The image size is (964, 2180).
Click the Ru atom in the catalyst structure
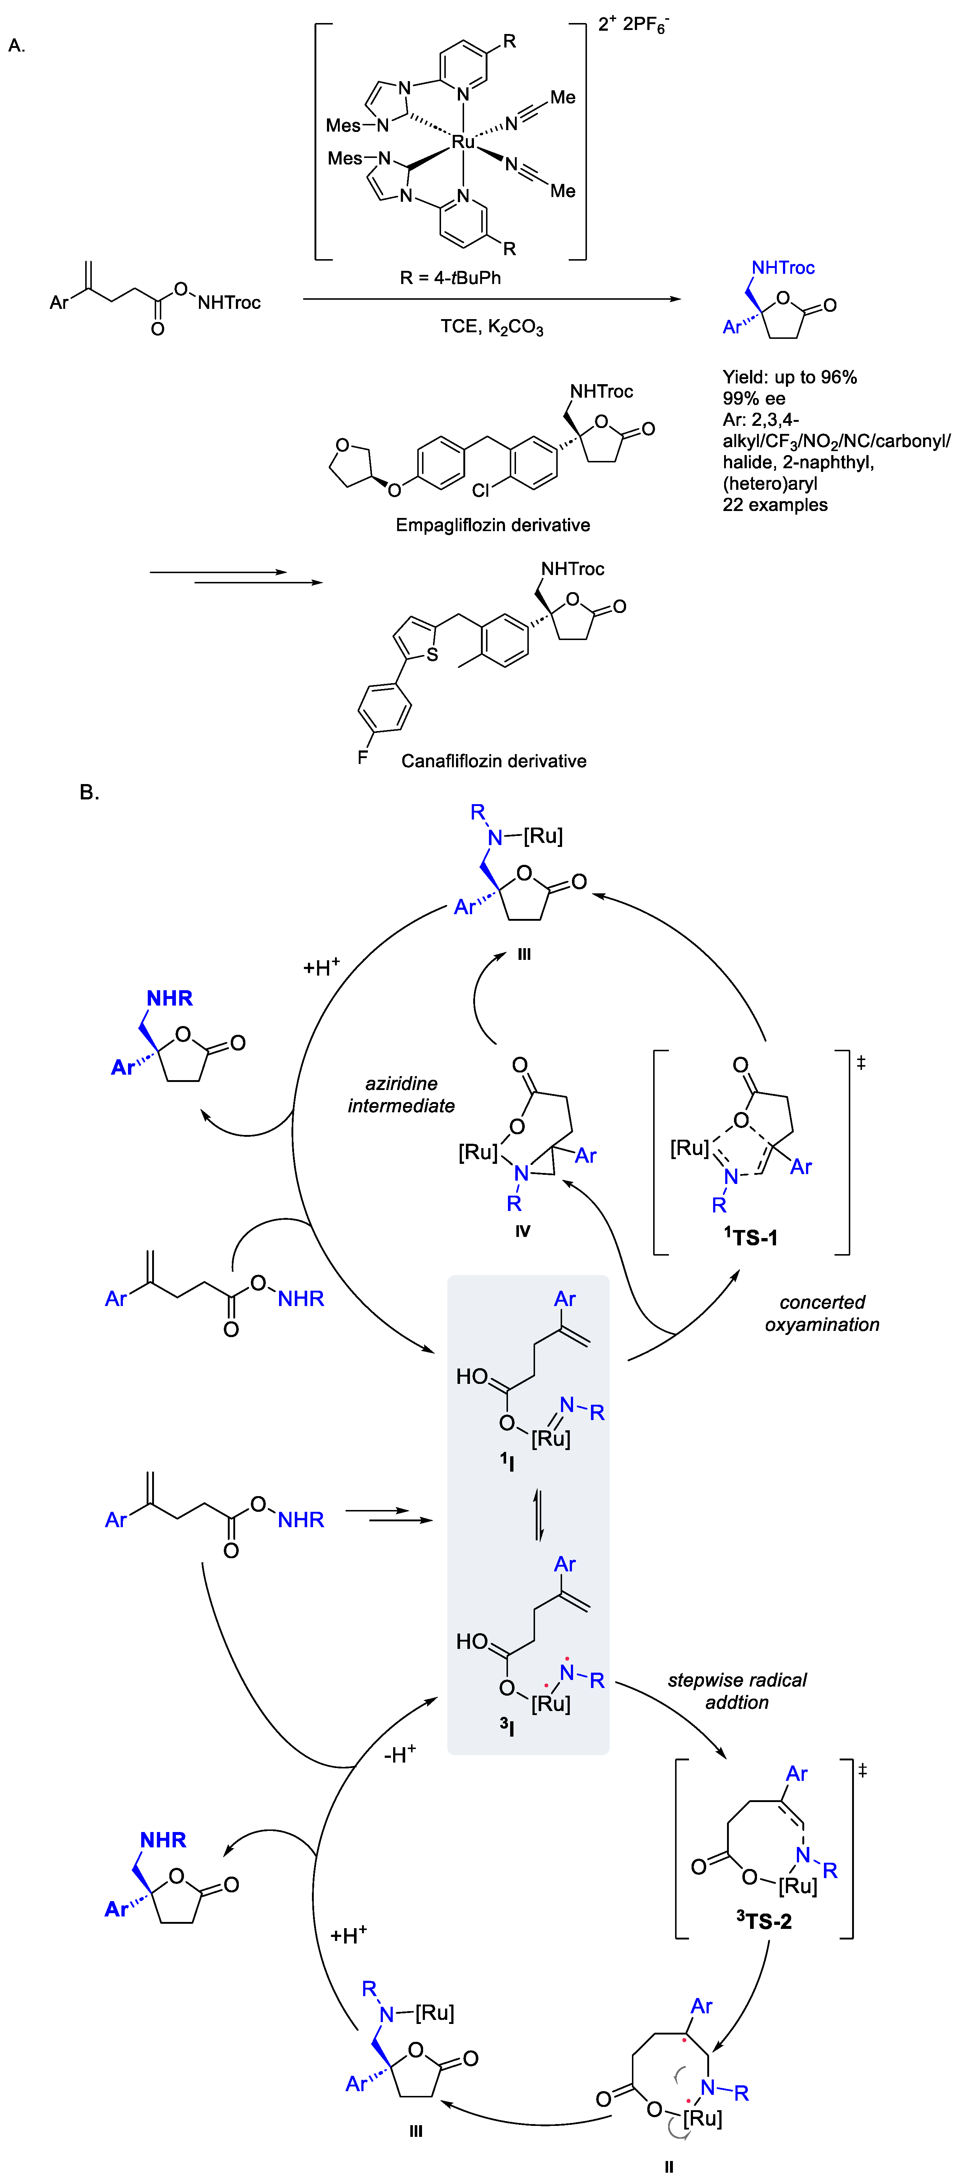(x=463, y=142)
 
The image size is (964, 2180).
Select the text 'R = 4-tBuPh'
(x=450, y=277)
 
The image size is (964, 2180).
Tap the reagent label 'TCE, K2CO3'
(x=492, y=328)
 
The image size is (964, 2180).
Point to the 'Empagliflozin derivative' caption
(x=493, y=526)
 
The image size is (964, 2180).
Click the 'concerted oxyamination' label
(x=822, y=1313)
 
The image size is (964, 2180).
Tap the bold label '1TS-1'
(x=751, y=1237)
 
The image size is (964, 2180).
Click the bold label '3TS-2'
(x=764, y=1921)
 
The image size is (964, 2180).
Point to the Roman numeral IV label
(x=522, y=1231)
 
